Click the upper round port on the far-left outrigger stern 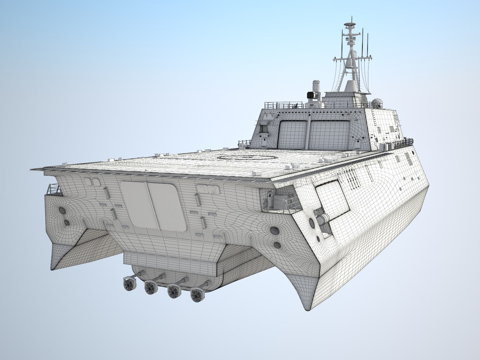pyautogui.click(x=62, y=211)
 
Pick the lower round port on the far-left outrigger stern pyautogui.click(x=66, y=222)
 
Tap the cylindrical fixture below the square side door pyautogui.click(x=322, y=218)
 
